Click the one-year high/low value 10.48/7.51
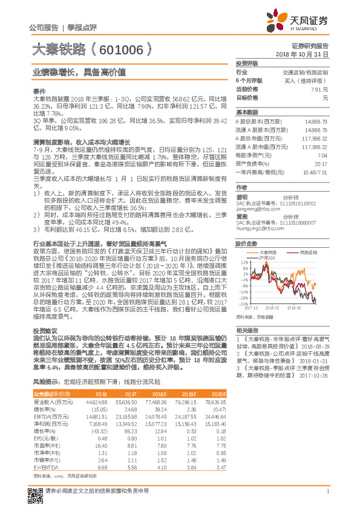pyautogui.click(x=315, y=172)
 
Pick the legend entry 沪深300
pyautogui.click(x=268, y=258)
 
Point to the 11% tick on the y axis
pyautogui.click(x=244, y=263)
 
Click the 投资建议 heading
pyautogui.click(x=44, y=331)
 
